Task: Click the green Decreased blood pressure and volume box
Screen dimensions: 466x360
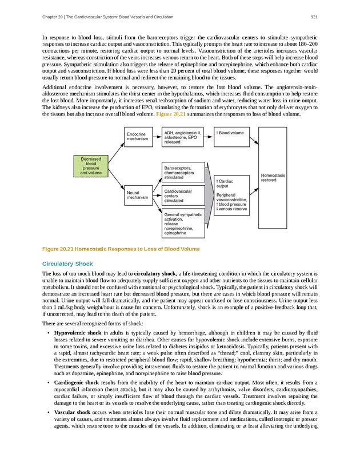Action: tap(91, 166)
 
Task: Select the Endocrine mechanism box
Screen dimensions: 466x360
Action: tap(137, 137)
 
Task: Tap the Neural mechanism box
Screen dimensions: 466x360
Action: tap(137, 194)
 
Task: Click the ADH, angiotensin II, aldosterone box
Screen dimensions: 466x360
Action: tap(183, 137)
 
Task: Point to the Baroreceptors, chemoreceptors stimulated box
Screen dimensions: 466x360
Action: tap(183, 172)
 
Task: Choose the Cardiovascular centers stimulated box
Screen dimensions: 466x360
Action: tap(183, 196)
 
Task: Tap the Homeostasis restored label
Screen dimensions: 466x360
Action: tap(273, 177)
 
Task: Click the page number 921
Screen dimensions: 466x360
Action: tap(314, 17)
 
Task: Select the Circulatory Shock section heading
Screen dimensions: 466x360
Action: tap(67, 264)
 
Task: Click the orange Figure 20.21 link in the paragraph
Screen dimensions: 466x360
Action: tap(170, 114)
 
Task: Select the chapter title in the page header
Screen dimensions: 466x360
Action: tap(108, 17)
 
